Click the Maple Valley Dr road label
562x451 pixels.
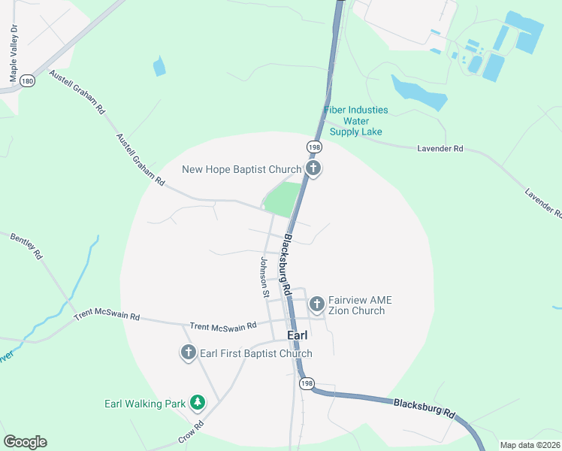pyautogui.click(x=14, y=53)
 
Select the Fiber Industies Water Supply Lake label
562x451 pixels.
pyautogui.click(x=356, y=121)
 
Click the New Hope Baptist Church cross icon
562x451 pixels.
pyautogui.click(x=314, y=169)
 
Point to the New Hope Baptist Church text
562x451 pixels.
pyautogui.click(x=241, y=169)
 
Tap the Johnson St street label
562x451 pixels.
pyautogui.click(x=264, y=278)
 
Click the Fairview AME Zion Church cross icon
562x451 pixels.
pyautogui.click(x=317, y=304)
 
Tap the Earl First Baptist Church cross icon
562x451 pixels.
pyautogui.click(x=188, y=353)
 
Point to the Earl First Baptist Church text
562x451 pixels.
pyautogui.click(x=255, y=353)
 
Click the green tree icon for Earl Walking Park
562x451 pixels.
pyautogui.click(x=198, y=404)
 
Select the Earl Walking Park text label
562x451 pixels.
pyautogui.click(x=144, y=404)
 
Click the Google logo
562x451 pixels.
pyautogui.click(x=25, y=442)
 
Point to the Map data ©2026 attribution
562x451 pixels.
pyautogui.click(x=530, y=445)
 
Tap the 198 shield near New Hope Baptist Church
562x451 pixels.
pyautogui.click(x=313, y=145)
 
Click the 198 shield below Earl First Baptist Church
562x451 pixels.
pyautogui.click(x=306, y=383)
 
